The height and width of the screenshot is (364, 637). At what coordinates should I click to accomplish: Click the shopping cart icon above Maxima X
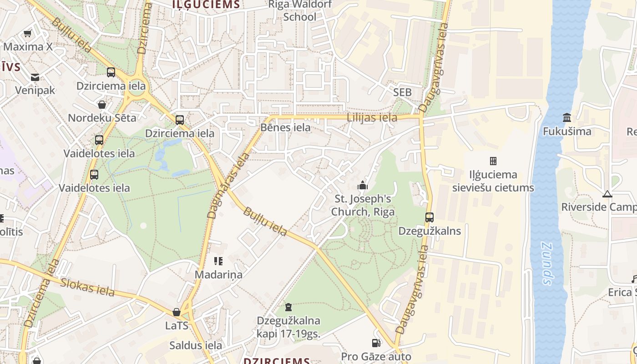(27, 34)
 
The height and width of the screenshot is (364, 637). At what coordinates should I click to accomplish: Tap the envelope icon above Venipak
(35, 77)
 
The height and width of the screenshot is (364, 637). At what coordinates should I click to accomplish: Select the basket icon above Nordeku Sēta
(102, 105)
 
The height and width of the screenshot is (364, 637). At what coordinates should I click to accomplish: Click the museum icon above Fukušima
(567, 118)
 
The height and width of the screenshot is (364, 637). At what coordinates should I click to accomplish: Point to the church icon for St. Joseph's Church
(363, 185)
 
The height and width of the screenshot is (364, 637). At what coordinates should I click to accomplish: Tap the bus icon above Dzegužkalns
(430, 217)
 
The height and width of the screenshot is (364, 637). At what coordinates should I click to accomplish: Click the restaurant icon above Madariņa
(218, 261)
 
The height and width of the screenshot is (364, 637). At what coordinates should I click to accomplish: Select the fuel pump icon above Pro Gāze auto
(376, 343)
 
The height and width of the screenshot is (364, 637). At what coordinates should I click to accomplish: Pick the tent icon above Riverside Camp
(607, 194)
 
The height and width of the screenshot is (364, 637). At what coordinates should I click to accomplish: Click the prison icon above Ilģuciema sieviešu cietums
(493, 161)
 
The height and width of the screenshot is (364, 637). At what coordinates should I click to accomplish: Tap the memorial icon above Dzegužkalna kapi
(288, 308)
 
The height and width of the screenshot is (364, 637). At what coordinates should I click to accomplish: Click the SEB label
(402, 92)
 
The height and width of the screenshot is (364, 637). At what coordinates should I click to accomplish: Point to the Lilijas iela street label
(372, 117)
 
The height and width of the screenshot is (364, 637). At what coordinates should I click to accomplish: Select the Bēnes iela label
(285, 127)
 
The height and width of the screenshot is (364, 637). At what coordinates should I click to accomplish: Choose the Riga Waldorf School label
(299, 11)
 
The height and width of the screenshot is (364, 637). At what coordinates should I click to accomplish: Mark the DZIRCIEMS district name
(277, 360)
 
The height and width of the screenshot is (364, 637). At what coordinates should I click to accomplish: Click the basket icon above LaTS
(177, 312)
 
